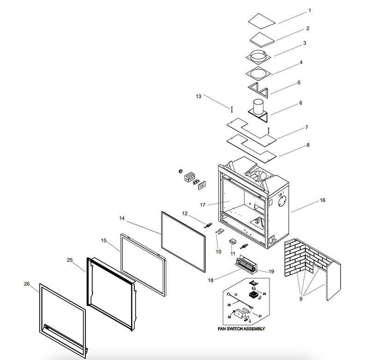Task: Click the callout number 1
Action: click(309, 11)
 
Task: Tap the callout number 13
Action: click(199, 96)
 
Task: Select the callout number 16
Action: click(322, 200)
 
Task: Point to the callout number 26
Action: click(27, 284)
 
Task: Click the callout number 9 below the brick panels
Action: click(301, 299)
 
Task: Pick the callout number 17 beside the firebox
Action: click(202, 205)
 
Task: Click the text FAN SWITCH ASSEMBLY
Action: click(241, 329)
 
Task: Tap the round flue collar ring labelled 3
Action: click(258, 57)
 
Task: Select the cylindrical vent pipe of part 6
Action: click(258, 107)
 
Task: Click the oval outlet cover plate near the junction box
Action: click(202, 185)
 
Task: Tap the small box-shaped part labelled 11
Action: click(232, 242)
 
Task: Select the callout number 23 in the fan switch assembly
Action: click(264, 294)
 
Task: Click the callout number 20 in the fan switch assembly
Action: click(229, 305)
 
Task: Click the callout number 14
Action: click(122, 218)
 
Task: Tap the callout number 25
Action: click(70, 260)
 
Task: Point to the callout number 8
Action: click(308, 145)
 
